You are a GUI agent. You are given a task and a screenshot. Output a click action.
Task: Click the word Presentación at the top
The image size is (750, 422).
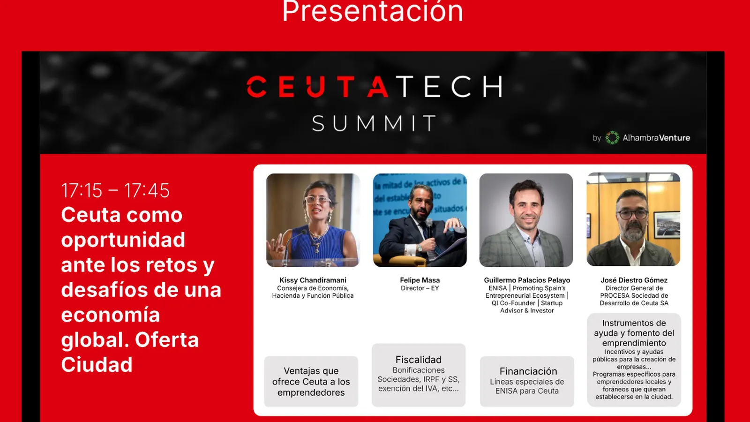[x=373, y=11]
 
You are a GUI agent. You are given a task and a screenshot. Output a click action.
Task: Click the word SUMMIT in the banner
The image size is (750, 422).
[x=375, y=123]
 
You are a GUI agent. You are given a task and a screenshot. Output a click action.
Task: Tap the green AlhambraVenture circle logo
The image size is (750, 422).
[x=612, y=138]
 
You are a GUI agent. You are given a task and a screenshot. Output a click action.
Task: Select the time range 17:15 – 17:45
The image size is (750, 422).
[x=115, y=190]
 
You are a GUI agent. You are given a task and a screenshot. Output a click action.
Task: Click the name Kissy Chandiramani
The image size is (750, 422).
[x=313, y=280]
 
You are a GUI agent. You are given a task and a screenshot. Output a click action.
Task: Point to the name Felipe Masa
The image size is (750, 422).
[x=420, y=280]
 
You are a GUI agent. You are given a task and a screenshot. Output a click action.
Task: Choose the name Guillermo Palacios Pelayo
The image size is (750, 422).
[x=527, y=280]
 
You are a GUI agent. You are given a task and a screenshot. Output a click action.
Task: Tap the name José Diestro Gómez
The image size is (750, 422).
[x=634, y=280]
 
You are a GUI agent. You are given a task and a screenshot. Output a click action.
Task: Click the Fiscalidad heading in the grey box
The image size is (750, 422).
[x=419, y=360]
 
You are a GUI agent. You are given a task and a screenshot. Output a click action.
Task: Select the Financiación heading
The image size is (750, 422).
[x=528, y=371]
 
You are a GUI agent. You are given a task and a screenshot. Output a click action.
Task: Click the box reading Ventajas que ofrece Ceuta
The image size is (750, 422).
[x=311, y=382]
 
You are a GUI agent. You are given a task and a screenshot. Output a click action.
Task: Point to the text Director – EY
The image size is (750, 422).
[x=420, y=288]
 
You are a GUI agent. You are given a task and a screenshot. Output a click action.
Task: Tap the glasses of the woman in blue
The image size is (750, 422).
[x=317, y=200]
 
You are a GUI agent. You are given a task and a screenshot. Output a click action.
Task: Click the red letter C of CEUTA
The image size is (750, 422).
[x=256, y=86]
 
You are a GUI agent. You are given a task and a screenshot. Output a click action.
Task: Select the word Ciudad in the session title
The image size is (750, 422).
[x=97, y=364]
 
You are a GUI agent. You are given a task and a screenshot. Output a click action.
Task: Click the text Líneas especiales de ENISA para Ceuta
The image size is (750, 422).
[x=527, y=386]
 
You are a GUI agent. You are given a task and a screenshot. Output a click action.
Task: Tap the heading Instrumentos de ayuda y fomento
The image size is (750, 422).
[x=634, y=333]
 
